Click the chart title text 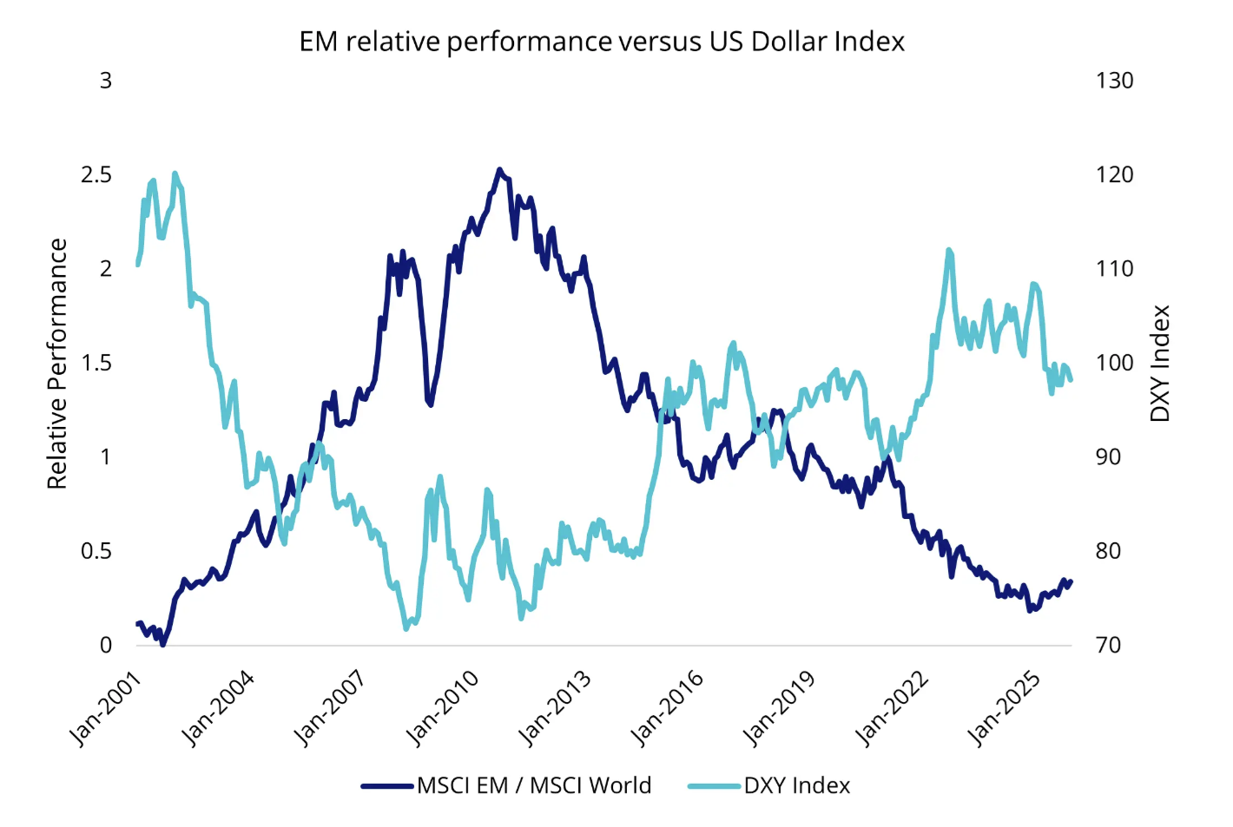point(602,42)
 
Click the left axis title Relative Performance point(57,364)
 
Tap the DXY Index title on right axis point(1160,364)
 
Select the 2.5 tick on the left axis point(96,174)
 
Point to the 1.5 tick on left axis point(96,363)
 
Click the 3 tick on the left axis point(106,81)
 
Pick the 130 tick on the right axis point(1114,81)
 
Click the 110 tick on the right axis point(1114,269)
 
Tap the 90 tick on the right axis point(1108,457)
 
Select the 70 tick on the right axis point(1108,646)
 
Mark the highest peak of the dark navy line point(499,169)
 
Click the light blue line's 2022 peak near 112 point(949,250)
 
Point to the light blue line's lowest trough point(406,627)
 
